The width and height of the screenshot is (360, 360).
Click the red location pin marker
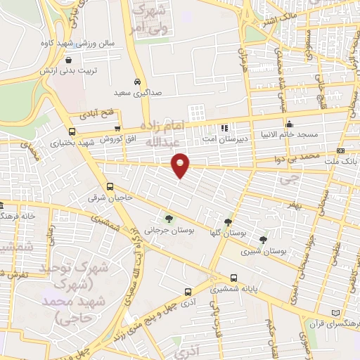click(181, 164)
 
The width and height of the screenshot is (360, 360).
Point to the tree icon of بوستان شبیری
click(264, 239)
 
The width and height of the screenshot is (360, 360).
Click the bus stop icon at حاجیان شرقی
click(110, 187)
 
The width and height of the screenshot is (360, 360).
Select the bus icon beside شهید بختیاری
click(72, 131)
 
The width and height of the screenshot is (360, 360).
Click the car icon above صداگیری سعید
click(138, 81)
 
